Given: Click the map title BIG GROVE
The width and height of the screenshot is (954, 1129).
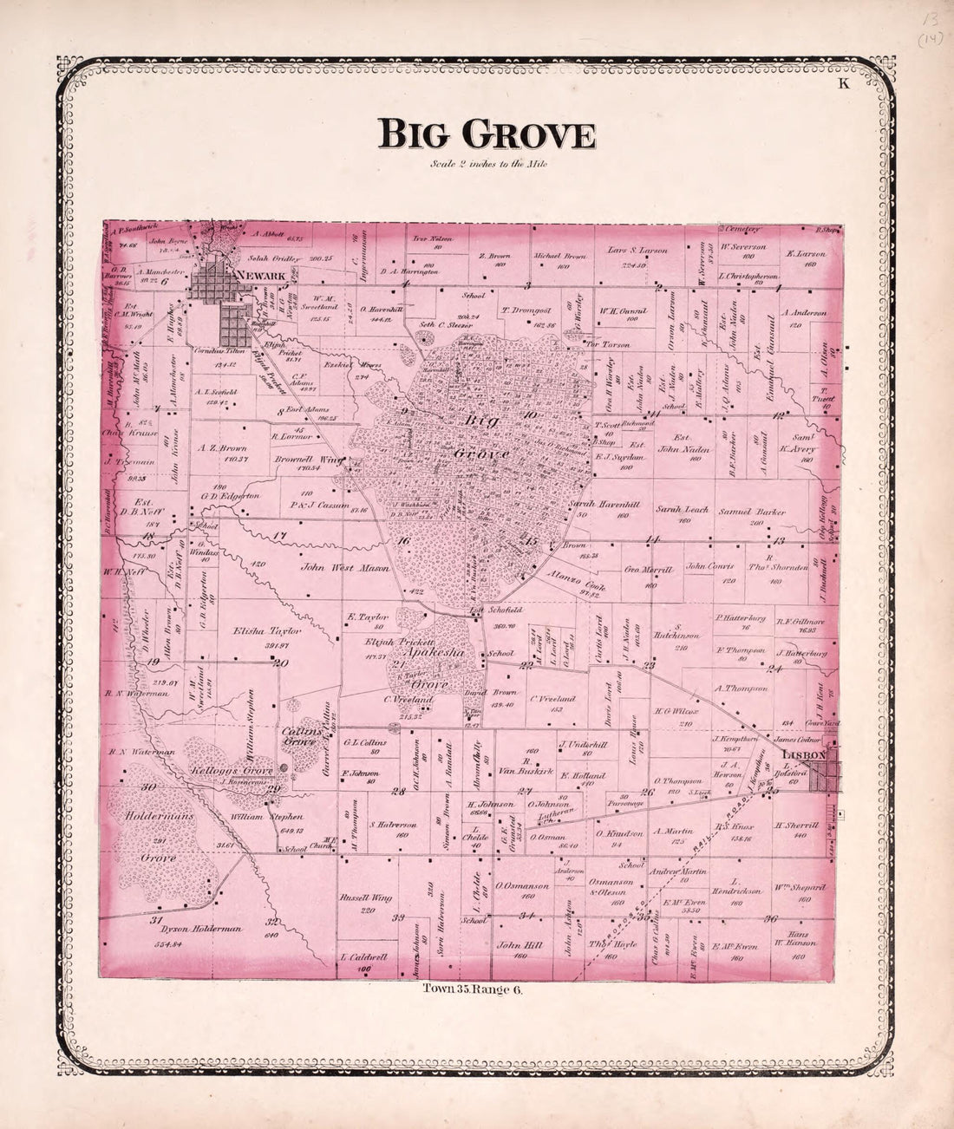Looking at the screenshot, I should point(486,135).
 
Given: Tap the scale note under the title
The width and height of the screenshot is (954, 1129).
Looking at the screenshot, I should point(487,164).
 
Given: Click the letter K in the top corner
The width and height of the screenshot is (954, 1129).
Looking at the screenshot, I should point(841,83).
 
